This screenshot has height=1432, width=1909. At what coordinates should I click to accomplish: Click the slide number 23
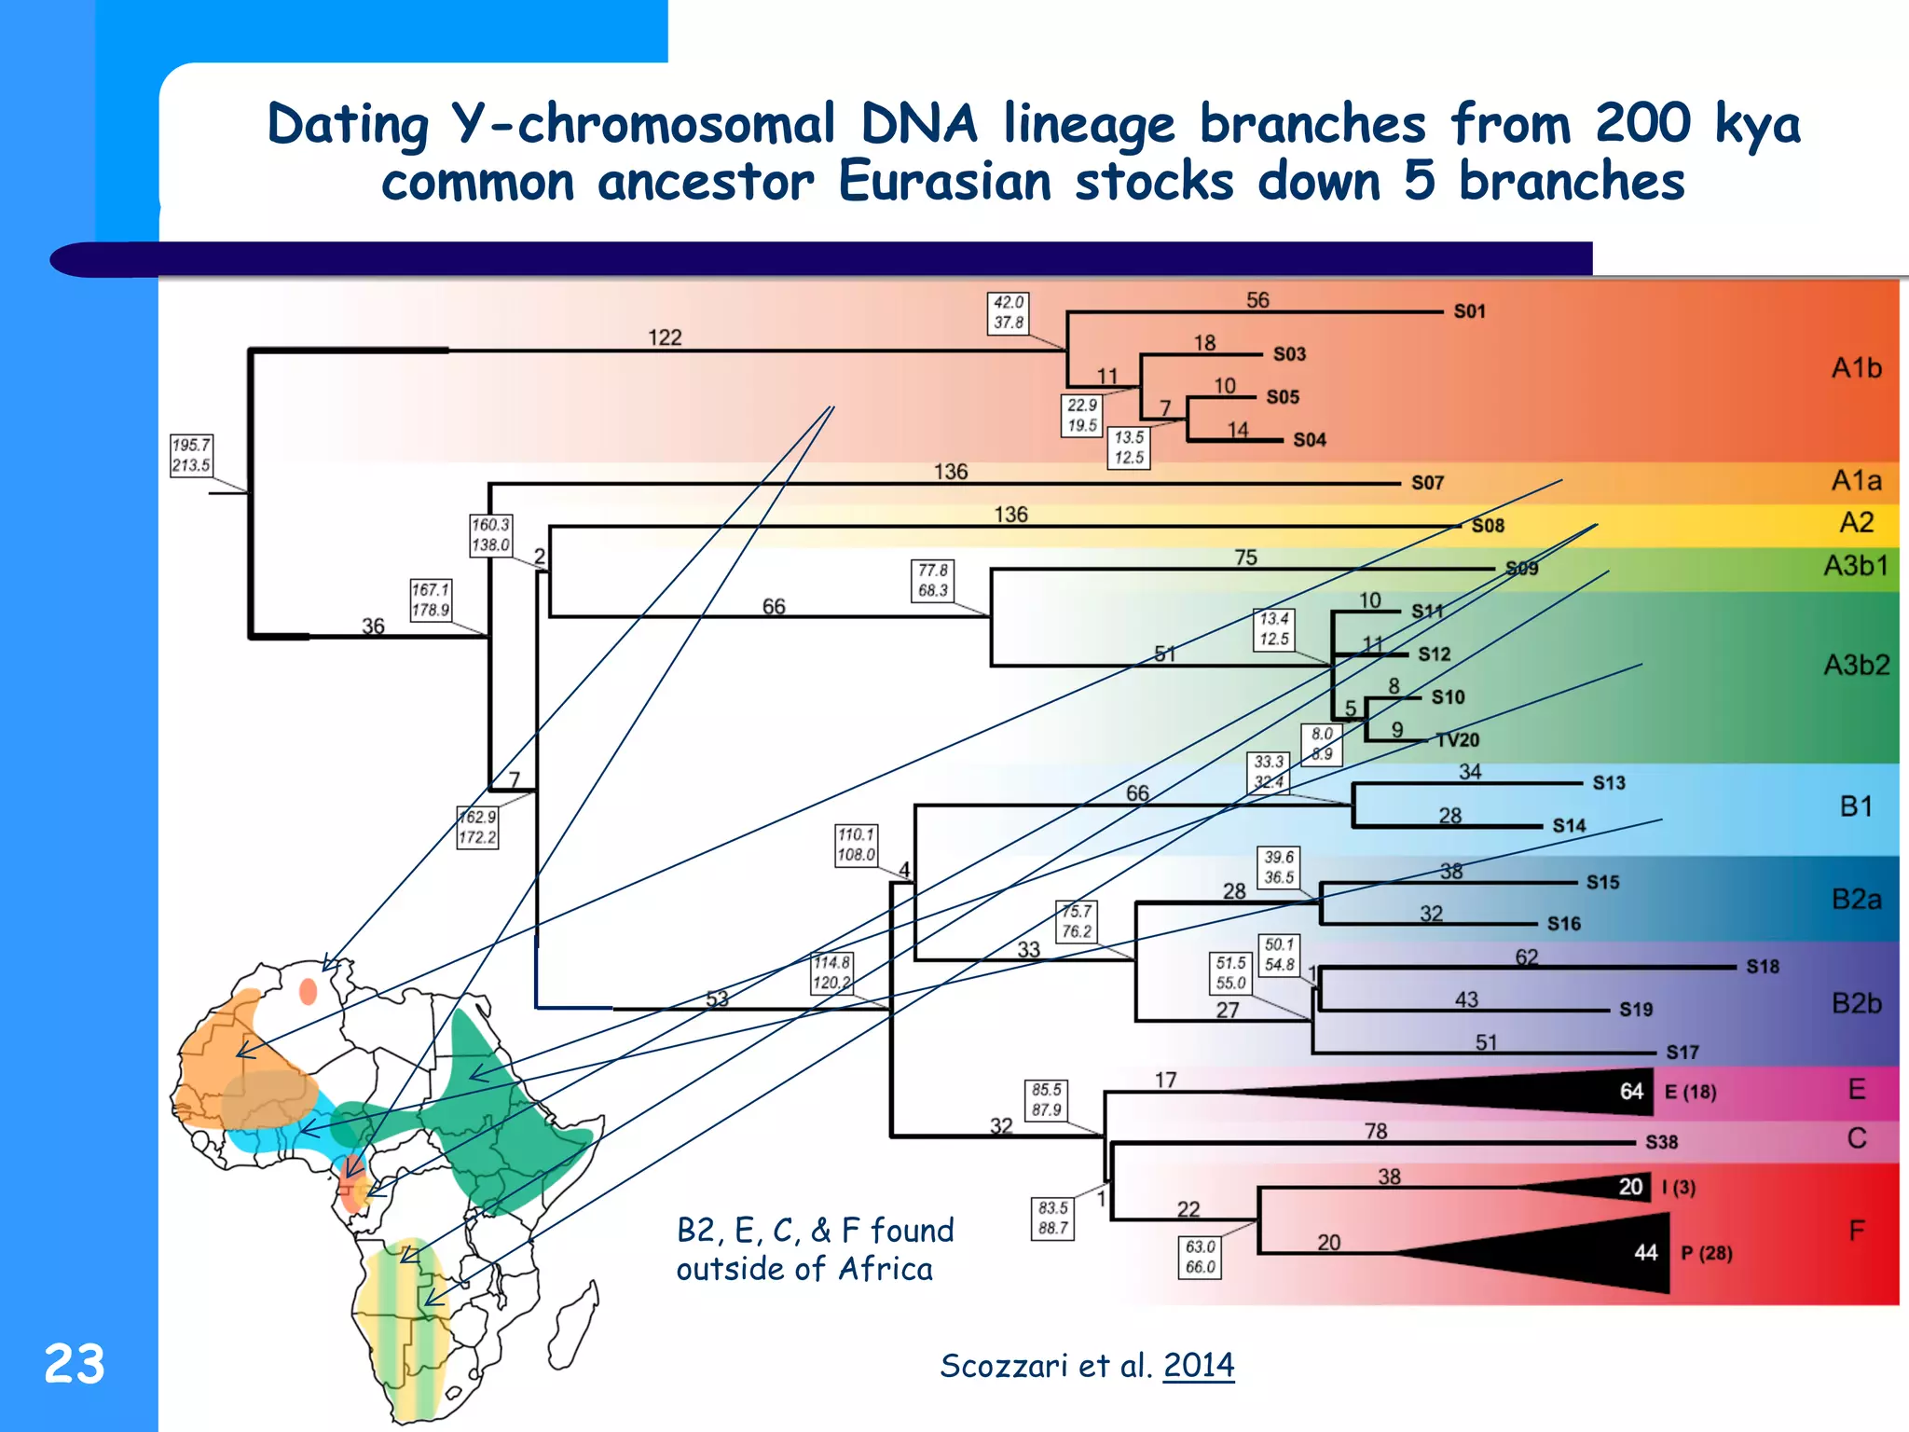tap(74, 1364)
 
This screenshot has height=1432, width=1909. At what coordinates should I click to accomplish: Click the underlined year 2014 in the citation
tap(1198, 1365)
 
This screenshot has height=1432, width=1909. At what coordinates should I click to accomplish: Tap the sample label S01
tap(1469, 311)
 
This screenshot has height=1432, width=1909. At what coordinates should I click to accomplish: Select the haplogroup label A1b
tap(1856, 368)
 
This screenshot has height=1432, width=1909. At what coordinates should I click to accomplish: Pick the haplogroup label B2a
tap(1856, 900)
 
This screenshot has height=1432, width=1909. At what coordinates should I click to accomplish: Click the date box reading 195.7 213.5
tap(191, 455)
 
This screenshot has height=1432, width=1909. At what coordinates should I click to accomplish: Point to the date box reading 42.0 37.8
tap(1008, 312)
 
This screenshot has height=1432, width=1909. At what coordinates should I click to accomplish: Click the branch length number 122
tap(665, 337)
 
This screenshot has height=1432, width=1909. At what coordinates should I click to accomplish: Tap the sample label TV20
tap(1457, 740)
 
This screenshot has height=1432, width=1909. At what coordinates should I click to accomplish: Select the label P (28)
tap(1706, 1253)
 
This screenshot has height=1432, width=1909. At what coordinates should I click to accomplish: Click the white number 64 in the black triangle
tap(1631, 1092)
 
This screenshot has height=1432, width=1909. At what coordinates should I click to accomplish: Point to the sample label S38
tap(1661, 1142)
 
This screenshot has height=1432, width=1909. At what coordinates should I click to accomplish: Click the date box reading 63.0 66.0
tap(1201, 1257)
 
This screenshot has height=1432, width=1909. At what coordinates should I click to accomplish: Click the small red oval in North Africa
tap(308, 992)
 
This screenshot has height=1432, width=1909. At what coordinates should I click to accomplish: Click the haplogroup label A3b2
tap(1856, 665)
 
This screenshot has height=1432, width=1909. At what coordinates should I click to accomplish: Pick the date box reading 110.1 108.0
tap(856, 845)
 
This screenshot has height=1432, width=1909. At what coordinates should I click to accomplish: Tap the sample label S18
tap(1762, 967)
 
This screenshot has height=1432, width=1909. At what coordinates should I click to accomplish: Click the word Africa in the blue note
tap(885, 1269)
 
